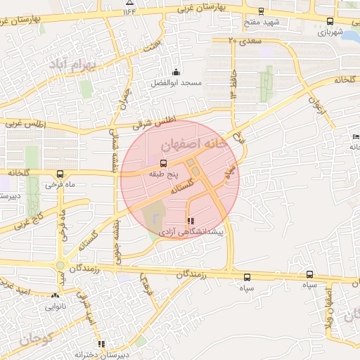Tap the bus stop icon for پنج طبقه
(x=164, y=162)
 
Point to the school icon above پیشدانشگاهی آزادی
(x=191, y=221)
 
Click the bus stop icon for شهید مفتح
(x=262, y=11)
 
